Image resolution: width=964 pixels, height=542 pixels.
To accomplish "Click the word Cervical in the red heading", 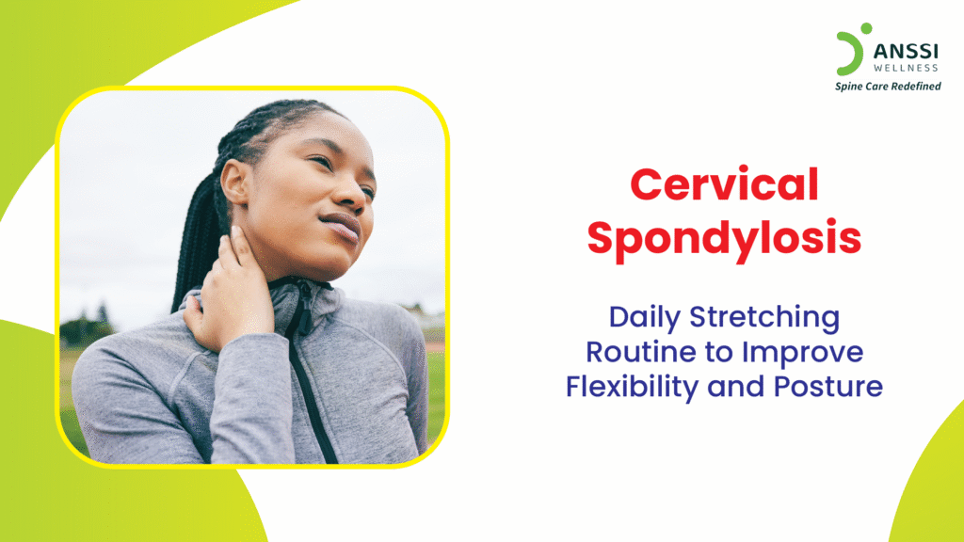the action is tap(724, 183).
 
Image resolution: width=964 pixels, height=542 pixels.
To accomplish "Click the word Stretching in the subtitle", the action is tap(764, 318).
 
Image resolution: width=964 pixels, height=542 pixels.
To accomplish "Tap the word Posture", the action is tap(828, 387).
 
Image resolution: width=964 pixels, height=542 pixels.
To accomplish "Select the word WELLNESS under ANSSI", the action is tap(906, 68).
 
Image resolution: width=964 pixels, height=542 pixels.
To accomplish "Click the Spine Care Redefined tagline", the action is tap(888, 87).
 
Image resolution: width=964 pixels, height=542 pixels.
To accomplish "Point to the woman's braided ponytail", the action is tap(198, 241).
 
